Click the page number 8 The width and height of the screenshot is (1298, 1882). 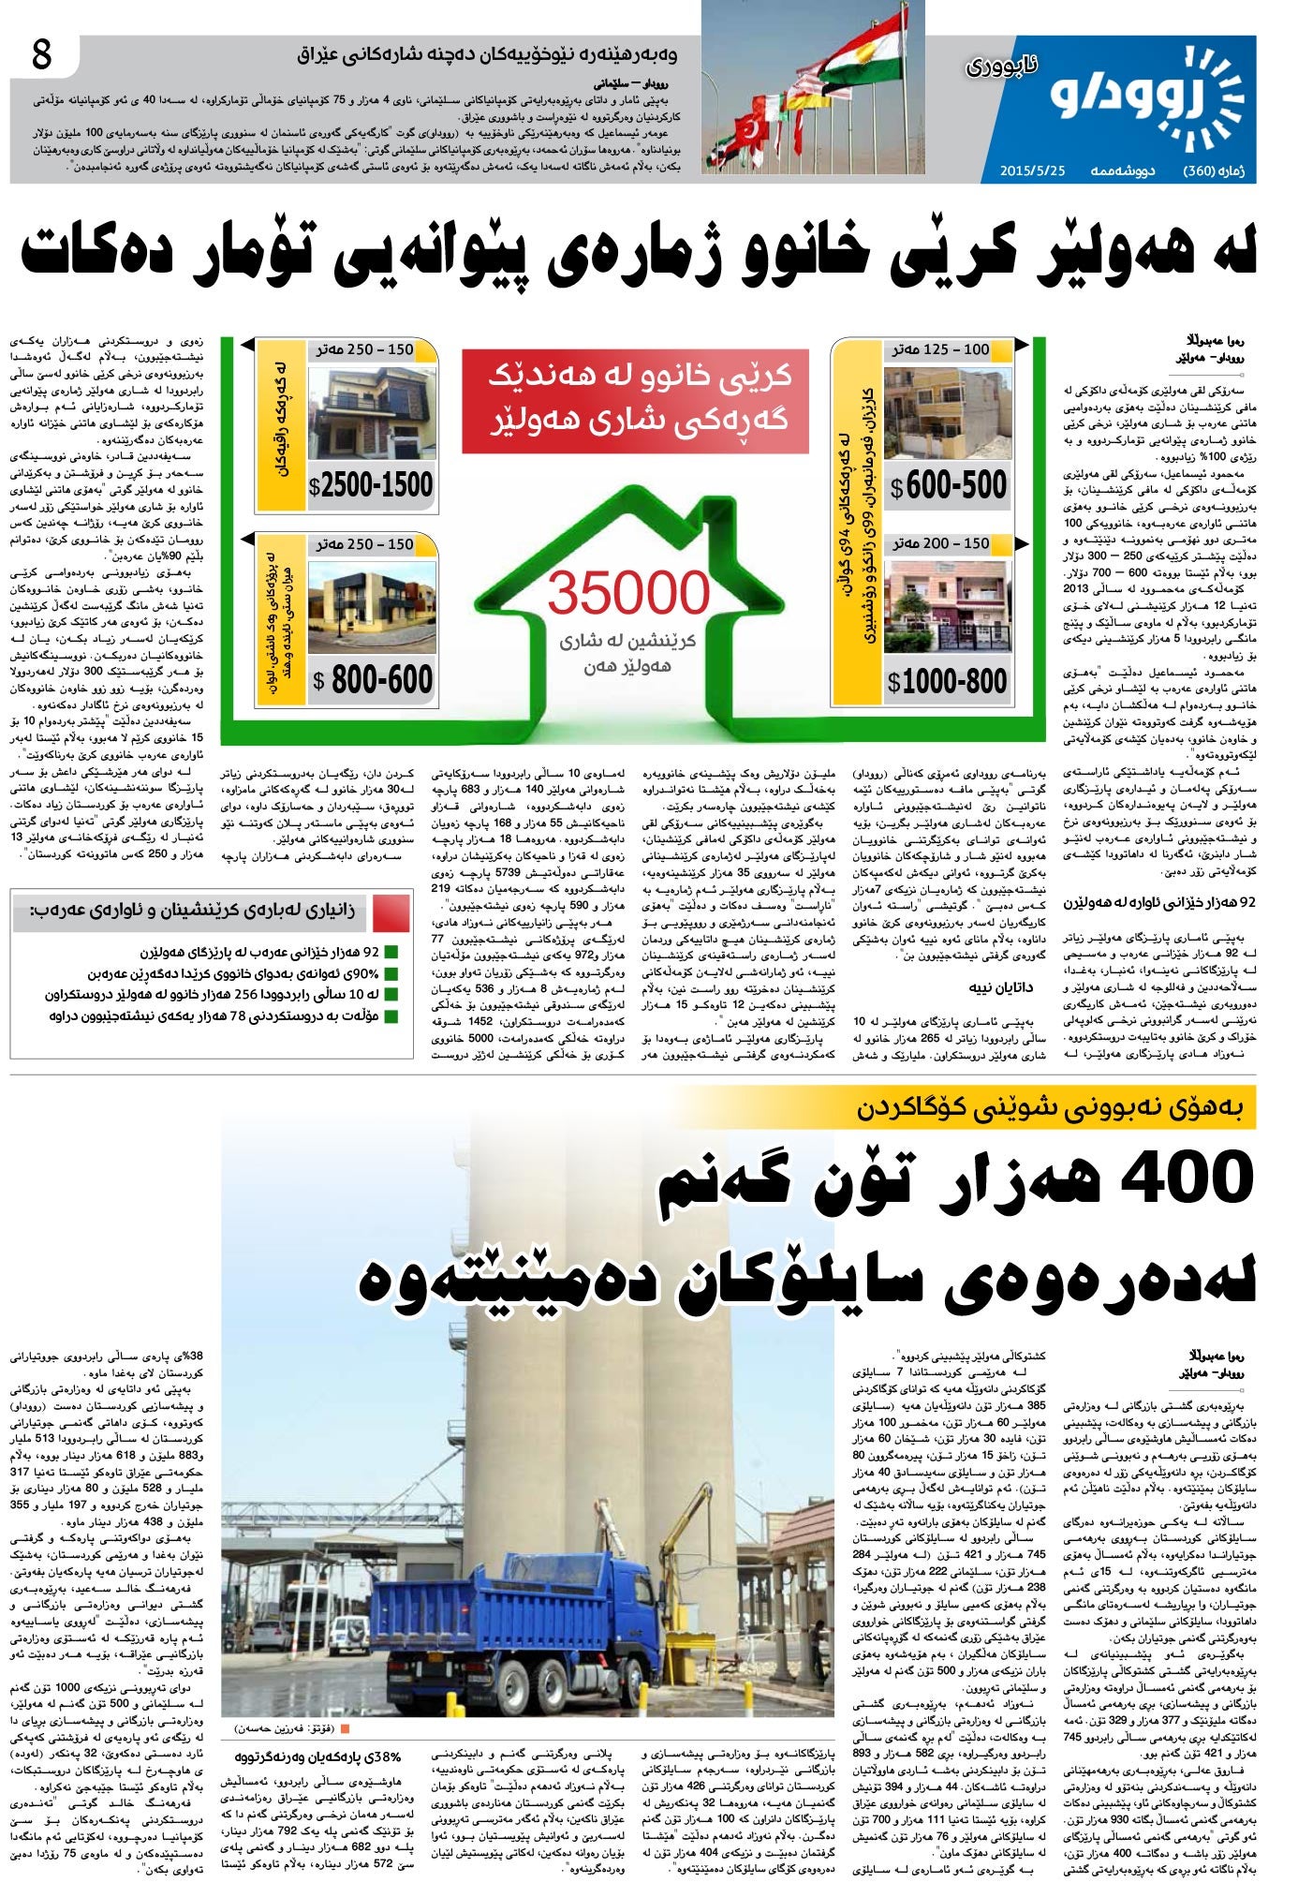pos(42,56)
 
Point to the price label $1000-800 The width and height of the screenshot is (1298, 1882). pos(948,681)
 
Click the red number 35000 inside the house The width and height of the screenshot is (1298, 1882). pos(628,593)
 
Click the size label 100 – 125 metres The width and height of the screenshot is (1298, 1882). pos(940,349)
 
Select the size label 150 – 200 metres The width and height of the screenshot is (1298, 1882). pos(940,543)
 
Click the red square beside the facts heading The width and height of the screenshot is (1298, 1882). pos(391,911)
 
